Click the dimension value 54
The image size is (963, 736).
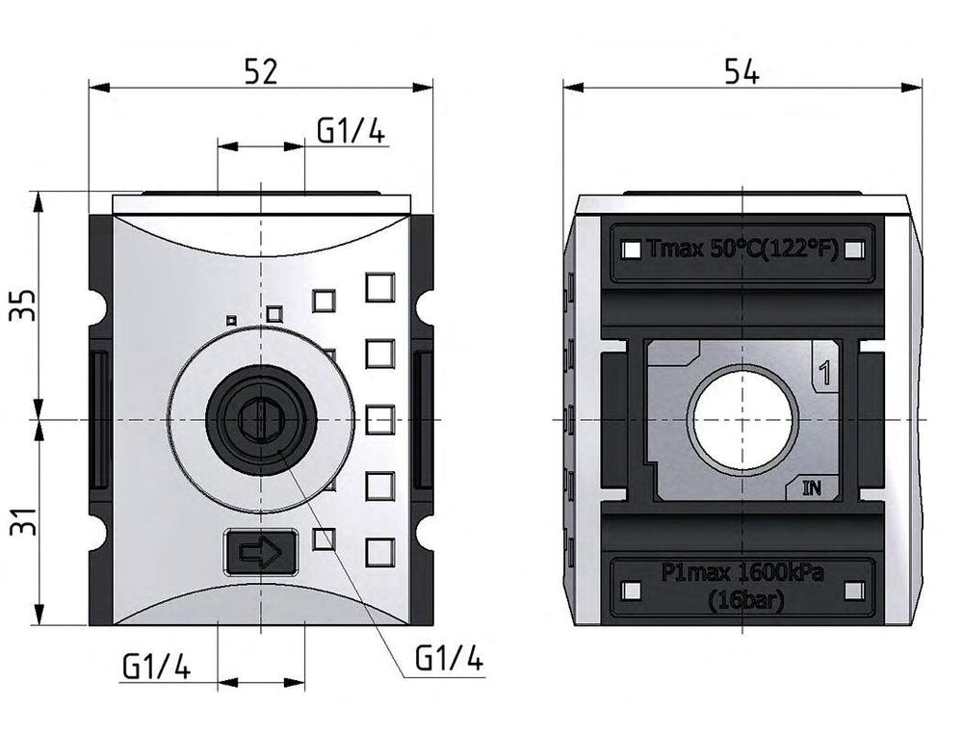(742, 71)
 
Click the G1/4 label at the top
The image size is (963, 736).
(351, 131)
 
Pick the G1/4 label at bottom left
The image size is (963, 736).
(156, 666)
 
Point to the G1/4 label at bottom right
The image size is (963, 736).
(448, 659)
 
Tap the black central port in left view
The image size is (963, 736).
(260, 419)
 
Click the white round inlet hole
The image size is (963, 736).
(743, 420)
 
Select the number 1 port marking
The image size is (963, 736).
(824, 371)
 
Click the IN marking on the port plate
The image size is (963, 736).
(812, 487)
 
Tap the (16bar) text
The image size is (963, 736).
(744, 599)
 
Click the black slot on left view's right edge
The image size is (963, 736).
(422, 421)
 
